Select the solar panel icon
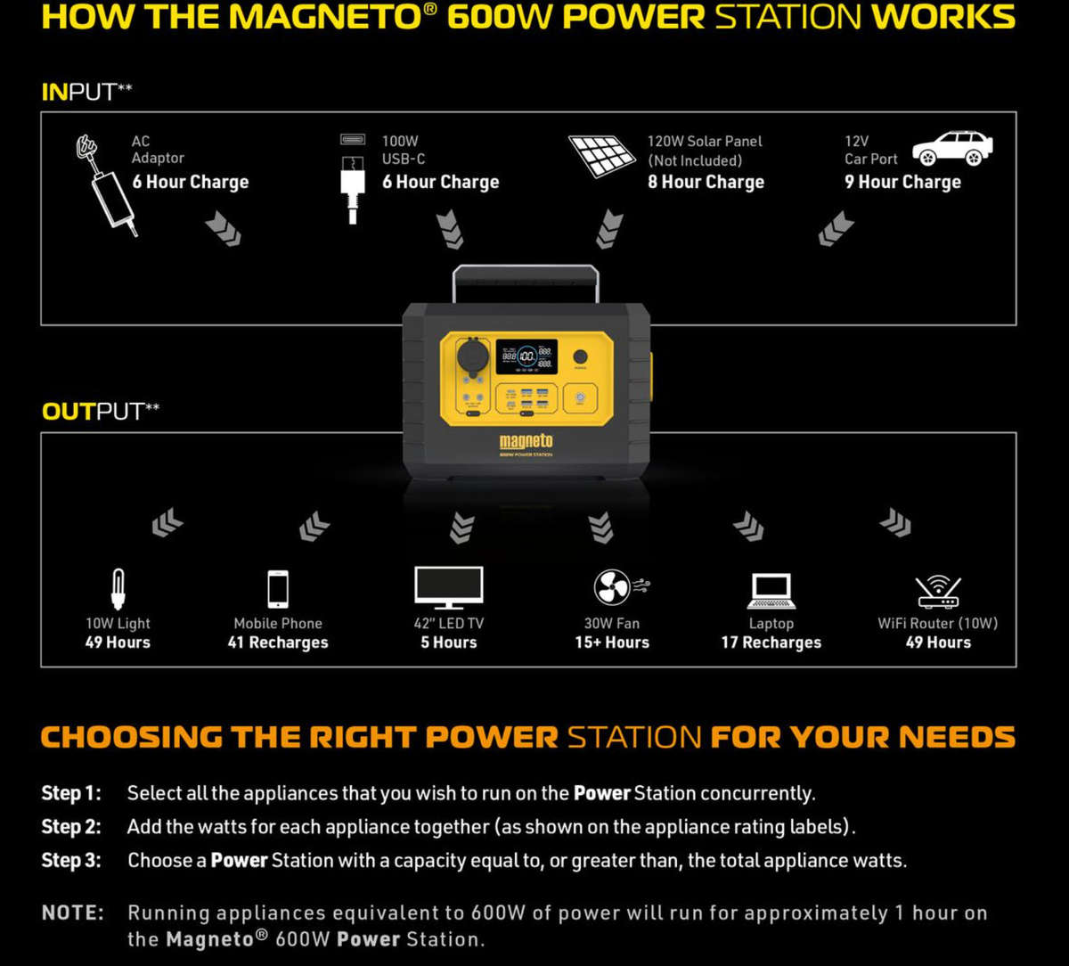601,156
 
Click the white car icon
952,149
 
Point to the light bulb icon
118,589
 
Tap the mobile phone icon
278,589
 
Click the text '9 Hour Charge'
902,182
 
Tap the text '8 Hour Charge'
706,182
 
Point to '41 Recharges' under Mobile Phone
278,643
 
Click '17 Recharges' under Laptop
771,643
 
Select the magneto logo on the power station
526,440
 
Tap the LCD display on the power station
526,356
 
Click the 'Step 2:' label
71,827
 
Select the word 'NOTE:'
72,913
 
